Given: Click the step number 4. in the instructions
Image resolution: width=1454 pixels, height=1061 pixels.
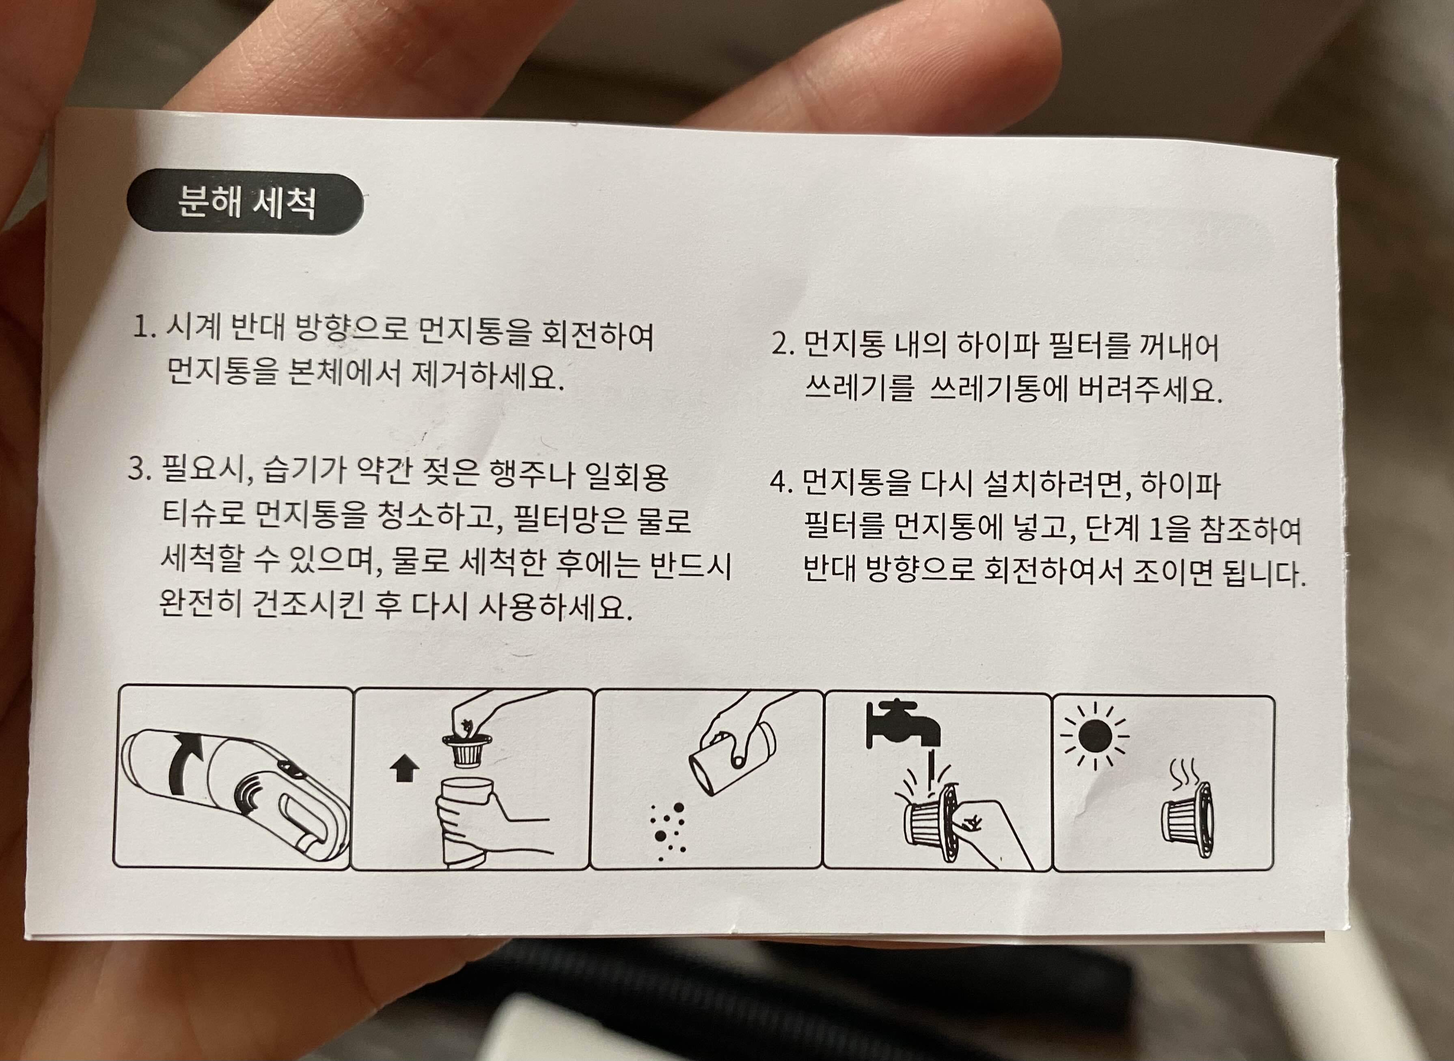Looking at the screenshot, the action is tap(782, 482).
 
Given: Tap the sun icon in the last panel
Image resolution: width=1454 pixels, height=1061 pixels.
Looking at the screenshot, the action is tap(1095, 736).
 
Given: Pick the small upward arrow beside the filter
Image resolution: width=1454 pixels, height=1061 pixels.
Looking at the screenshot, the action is tap(404, 768).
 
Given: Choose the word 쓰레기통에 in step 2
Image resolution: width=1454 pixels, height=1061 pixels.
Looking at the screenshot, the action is tap(999, 389).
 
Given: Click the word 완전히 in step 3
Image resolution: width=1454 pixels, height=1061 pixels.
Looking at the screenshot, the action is tap(200, 605).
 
